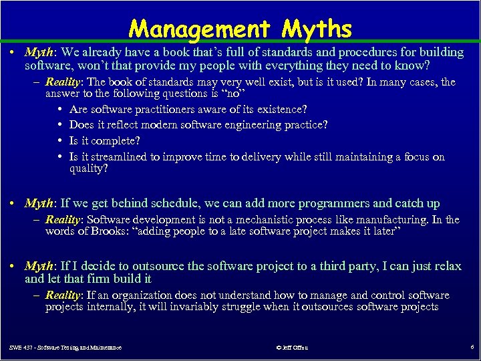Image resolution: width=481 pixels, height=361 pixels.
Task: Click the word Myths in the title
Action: (317, 29)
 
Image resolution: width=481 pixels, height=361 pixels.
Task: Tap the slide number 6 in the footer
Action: (472, 348)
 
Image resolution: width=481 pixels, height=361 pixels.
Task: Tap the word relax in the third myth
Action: (446, 266)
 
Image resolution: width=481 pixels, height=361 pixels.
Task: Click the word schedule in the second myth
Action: (166, 203)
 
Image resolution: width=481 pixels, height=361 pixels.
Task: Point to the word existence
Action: (280, 109)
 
